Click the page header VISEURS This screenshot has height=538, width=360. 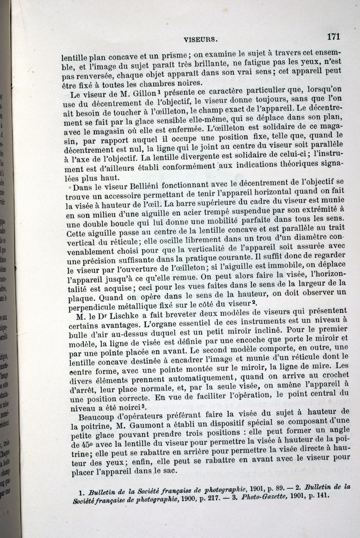200,40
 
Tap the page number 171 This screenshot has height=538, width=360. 333,37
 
